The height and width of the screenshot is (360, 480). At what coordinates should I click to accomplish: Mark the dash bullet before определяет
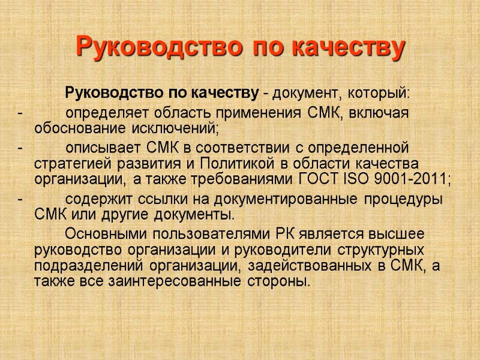coord(20,113)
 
